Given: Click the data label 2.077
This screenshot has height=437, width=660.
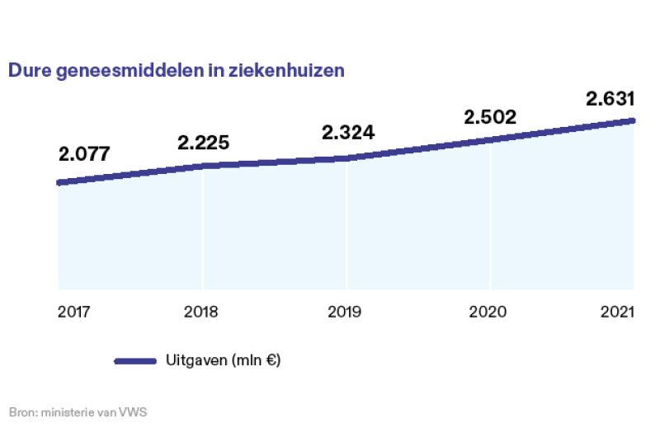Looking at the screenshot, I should click(84, 154).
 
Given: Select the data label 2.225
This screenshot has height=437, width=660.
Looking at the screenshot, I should click(203, 143).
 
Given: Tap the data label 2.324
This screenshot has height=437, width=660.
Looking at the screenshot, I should click(348, 132).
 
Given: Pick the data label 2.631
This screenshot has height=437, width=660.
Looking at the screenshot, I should click(610, 99).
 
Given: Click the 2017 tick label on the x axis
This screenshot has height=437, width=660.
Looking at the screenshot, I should click(73, 312).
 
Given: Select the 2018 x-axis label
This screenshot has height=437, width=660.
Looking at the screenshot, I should click(201, 312).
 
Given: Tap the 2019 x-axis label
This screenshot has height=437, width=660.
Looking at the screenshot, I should click(345, 312).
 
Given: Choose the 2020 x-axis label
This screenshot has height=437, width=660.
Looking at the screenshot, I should click(490, 312).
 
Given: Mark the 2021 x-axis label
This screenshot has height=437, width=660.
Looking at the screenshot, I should click(617, 312).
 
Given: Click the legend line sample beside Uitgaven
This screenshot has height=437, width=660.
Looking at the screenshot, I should click(134, 361).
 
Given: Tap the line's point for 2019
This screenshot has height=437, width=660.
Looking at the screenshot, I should click(347, 157).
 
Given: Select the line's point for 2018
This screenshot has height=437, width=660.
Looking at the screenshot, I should click(203, 166).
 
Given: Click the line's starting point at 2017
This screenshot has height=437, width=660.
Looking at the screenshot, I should click(59, 182).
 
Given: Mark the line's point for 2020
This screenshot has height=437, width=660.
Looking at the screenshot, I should click(491, 139).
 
